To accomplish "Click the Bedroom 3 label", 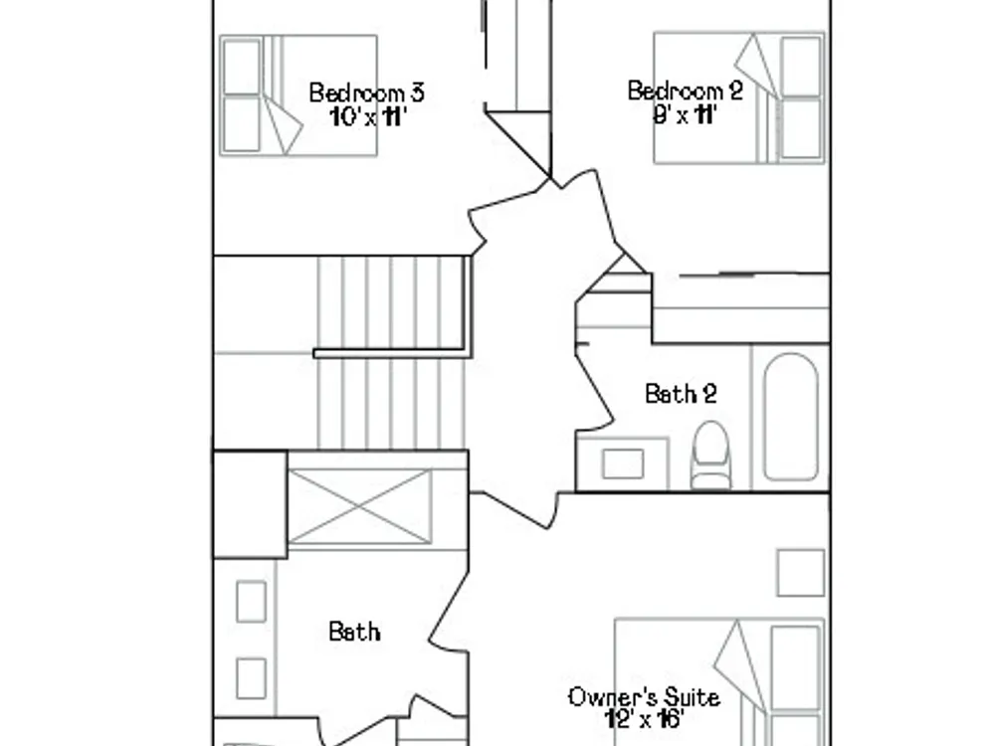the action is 366,93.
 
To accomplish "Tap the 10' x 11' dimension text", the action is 367,116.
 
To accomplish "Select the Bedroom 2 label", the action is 685,91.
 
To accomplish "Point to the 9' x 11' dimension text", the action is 685,114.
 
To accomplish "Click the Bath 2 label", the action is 681,394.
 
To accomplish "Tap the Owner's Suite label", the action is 644,697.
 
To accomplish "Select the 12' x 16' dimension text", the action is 644,720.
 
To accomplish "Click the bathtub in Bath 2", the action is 791,417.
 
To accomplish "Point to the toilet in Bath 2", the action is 710,455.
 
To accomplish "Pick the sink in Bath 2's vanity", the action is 623,464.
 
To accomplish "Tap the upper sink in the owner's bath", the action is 252,601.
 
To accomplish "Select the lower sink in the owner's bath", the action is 252,678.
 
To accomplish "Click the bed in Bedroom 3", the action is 298,95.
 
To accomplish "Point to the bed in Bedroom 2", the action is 739,97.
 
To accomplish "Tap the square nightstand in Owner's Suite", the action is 801,573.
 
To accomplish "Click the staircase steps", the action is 391,353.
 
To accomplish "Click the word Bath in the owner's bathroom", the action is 354,632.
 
